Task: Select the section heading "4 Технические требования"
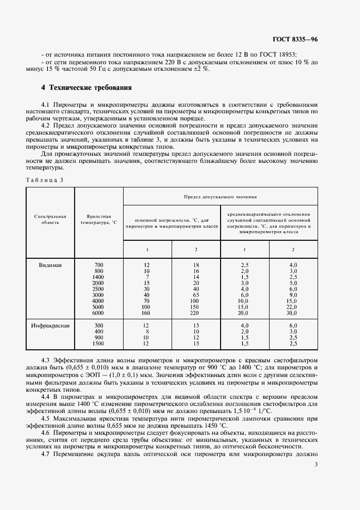pyautogui.click(x=87, y=88)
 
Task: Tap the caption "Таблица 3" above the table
pyautogui.click(x=44, y=179)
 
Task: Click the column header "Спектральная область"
pyautogui.click(x=50, y=220)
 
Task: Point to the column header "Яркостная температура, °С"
pyautogui.click(x=99, y=220)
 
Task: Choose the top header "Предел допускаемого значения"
pyautogui.click(x=221, y=195)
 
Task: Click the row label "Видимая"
pyautogui.click(x=50, y=265)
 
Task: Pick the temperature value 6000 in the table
pyautogui.click(x=98, y=313)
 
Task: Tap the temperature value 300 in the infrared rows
pyautogui.click(x=98, y=326)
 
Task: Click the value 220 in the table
pyautogui.click(x=196, y=313)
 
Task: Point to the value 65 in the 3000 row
pyautogui.click(x=196, y=295)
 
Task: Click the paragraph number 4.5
pyautogui.click(x=46, y=417)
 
